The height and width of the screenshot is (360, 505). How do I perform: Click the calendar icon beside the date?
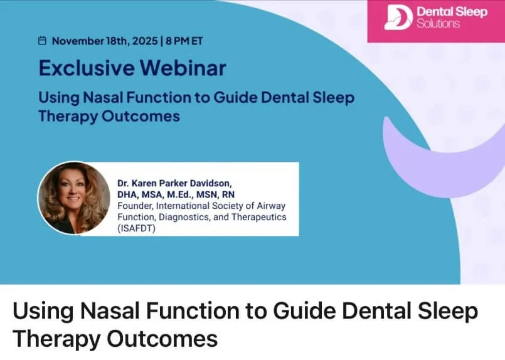pyautogui.click(x=42, y=41)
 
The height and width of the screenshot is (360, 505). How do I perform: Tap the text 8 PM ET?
pyautogui.click(x=184, y=41)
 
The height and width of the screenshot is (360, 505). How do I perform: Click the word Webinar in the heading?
pyautogui.click(x=183, y=68)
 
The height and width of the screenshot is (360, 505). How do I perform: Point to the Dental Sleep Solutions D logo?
pyautogui.click(x=398, y=18)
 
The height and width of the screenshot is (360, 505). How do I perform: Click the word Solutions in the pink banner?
pyautogui.click(x=439, y=24)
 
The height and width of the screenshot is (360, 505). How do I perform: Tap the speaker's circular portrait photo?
pyautogui.click(x=74, y=198)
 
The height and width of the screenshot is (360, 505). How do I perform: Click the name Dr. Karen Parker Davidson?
pyautogui.click(x=174, y=183)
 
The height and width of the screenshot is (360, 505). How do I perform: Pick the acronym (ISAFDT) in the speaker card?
pyautogui.click(x=136, y=228)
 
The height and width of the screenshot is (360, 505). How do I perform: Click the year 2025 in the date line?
pyautogui.click(x=145, y=41)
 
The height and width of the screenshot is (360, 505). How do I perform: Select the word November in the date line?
pyautogui.click(x=78, y=41)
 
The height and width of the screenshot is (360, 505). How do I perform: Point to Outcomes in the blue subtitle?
pyautogui.click(x=141, y=116)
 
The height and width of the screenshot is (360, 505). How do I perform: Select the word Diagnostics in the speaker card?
pyautogui.click(x=184, y=217)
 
